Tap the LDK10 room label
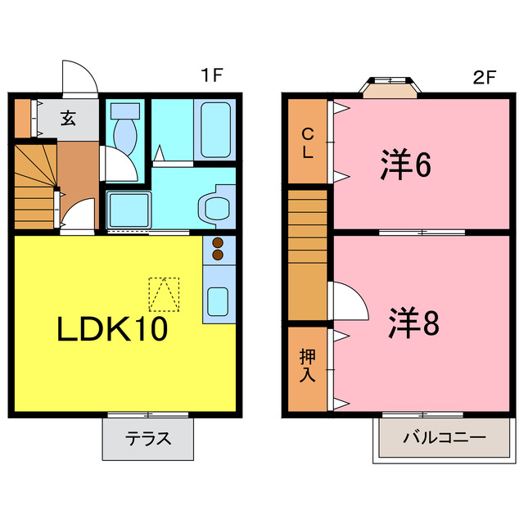(112, 328)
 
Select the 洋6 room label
(405, 166)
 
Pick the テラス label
(148, 438)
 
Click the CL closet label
(308, 142)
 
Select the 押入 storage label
(307, 366)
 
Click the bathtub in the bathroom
(215, 129)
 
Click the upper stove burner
(219, 243)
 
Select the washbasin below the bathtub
(216, 206)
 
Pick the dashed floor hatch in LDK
(163, 295)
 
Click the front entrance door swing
(80, 79)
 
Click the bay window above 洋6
(391, 86)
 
